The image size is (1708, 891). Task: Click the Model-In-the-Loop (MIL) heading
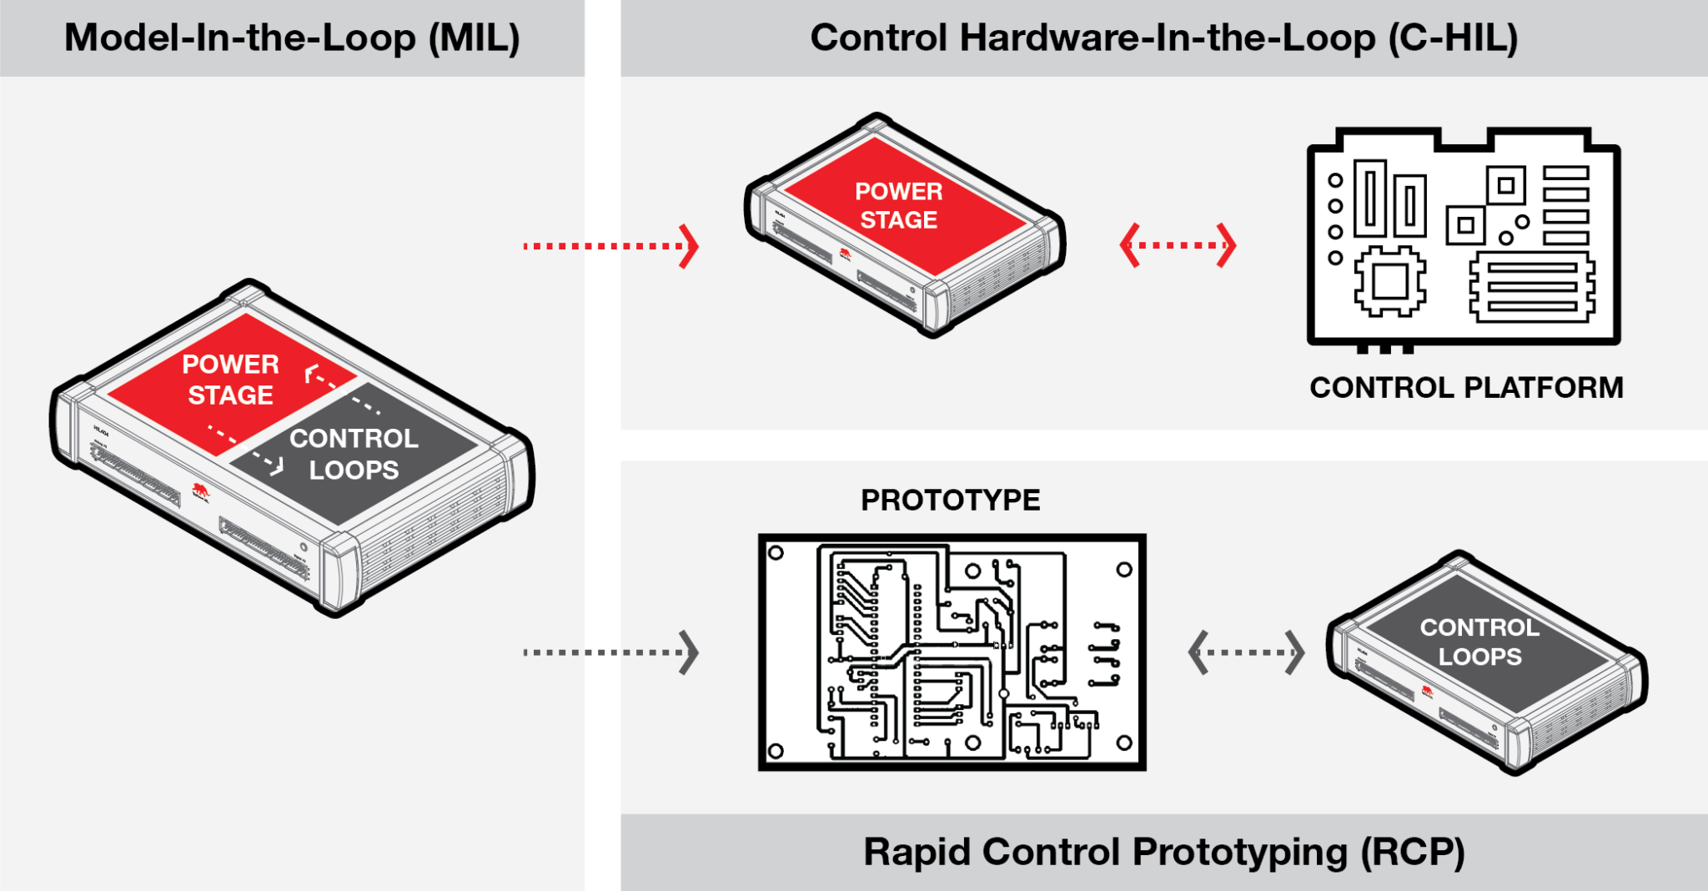pyautogui.click(x=292, y=38)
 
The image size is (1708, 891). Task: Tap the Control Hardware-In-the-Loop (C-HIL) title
pyautogui.click(x=1163, y=38)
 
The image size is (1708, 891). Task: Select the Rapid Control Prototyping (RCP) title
pyautogui.click(x=1163, y=853)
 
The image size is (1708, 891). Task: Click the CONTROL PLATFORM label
pyautogui.click(x=1465, y=388)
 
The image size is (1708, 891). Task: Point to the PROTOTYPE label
pyautogui.click(x=950, y=501)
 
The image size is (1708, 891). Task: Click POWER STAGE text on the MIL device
pyautogui.click(x=230, y=380)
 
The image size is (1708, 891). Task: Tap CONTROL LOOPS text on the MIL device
pyautogui.click(x=354, y=454)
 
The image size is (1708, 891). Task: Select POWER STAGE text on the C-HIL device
pyautogui.click(x=898, y=205)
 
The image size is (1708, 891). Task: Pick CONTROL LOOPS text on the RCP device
pyautogui.click(x=1479, y=642)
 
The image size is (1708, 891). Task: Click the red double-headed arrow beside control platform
pyautogui.click(x=1178, y=245)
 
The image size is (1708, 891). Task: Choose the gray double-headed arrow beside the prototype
pyautogui.click(x=1246, y=652)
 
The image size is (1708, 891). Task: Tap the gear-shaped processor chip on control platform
pyautogui.click(x=1389, y=281)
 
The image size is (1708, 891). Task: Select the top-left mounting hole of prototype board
pyautogui.click(x=776, y=553)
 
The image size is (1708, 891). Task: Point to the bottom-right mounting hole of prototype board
pyautogui.click(x=1123, y=742)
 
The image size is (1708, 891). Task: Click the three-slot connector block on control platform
pyautogui.click(x=1532, y=288)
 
